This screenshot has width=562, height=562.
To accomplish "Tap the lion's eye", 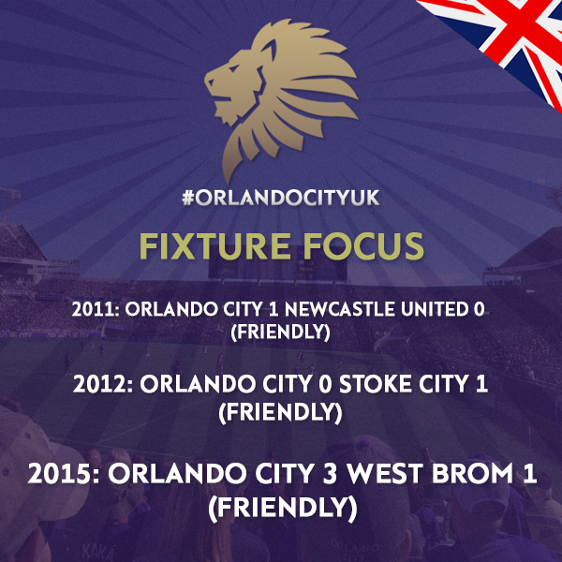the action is [233, 68].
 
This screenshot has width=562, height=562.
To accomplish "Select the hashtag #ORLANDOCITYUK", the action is [281, 198].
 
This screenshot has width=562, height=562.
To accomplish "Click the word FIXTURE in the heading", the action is [214, 245].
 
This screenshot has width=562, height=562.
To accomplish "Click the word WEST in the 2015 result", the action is [386, 473].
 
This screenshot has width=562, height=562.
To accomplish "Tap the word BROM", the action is [473, 473].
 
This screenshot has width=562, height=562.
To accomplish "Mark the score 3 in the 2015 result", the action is [330, 473].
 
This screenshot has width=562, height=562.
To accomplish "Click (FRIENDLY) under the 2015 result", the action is [283, 509].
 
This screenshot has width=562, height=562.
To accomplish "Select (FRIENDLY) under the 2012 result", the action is [280, 412].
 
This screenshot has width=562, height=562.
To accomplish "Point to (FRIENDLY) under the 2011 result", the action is [280, 332].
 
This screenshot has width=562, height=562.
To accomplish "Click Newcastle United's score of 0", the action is [479, 309].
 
